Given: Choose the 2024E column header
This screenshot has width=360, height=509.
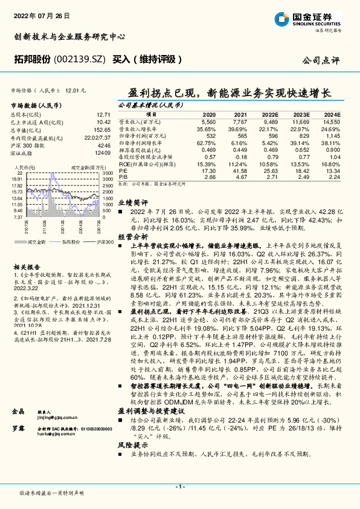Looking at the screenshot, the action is (332, 114).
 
